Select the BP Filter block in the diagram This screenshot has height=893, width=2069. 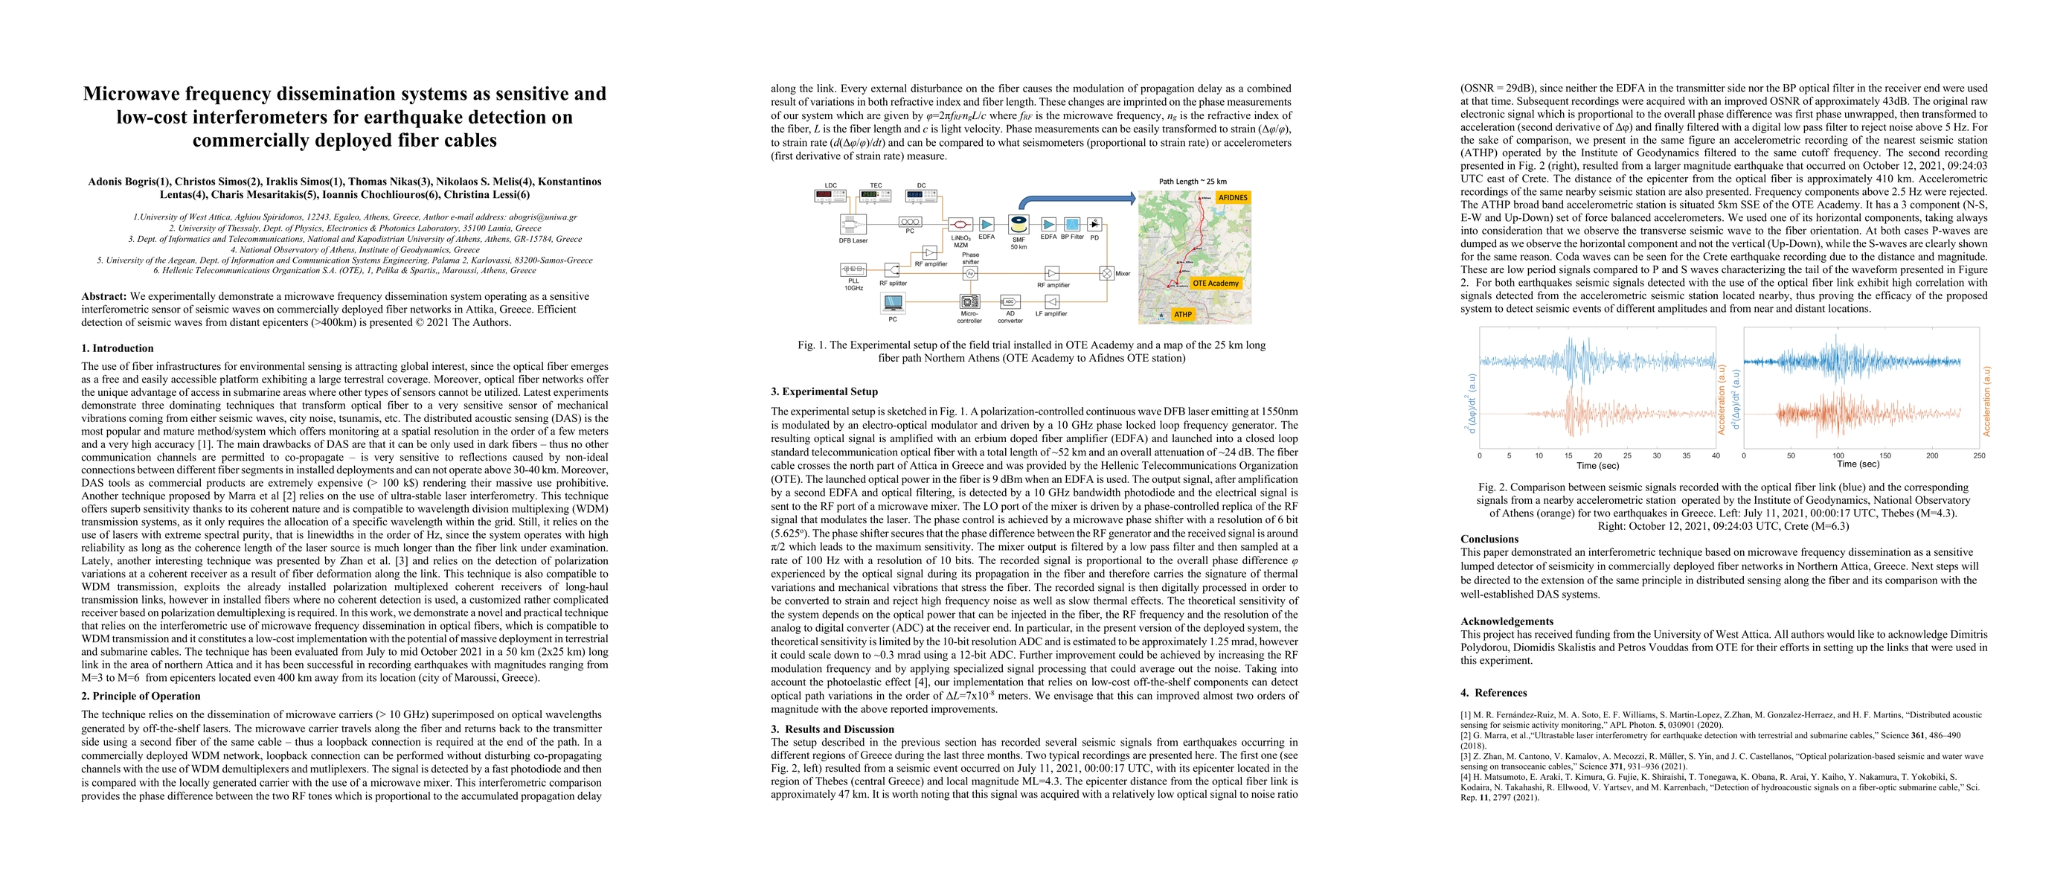(1071, 224)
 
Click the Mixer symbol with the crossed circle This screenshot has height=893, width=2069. (1106, 273)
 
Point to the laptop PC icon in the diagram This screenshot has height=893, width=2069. (892, 304)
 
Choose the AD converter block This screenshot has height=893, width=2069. (1010, 302)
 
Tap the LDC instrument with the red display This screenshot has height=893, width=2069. (830, 195)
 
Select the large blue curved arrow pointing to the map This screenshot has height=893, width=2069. (1077, 201)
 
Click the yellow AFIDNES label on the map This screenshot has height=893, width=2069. (1231, 197)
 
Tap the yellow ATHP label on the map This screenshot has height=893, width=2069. (1182, 314)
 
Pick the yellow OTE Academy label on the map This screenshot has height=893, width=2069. (1215, 283)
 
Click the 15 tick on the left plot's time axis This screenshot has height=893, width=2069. (1568, 455)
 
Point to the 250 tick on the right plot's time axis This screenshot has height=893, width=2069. (1978, 455)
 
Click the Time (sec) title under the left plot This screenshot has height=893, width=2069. (1597, 466)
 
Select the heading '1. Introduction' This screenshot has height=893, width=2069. (118, 348)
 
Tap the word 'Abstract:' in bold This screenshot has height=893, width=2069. (103, 296)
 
